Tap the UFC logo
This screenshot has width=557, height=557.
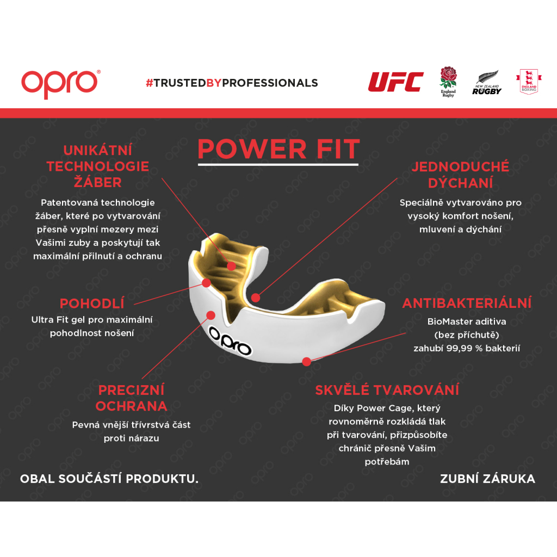396,82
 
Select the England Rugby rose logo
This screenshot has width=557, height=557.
448,82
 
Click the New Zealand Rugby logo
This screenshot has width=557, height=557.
487,83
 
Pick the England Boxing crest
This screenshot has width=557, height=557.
529,82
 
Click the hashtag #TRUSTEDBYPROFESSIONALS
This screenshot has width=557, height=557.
232,83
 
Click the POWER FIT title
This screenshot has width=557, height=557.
279,149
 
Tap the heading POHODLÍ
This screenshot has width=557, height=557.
92,304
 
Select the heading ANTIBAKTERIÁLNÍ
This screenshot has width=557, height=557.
467,303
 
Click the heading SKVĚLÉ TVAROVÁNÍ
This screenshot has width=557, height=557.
387,389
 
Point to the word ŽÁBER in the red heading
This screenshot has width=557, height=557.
98,182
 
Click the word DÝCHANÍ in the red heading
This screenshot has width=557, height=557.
460,183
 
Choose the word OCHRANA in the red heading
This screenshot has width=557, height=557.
131,406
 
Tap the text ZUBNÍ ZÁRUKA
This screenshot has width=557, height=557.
487,479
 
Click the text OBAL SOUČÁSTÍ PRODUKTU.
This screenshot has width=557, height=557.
109,479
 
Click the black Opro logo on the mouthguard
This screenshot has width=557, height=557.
230,341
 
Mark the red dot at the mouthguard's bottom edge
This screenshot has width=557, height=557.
307,362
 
